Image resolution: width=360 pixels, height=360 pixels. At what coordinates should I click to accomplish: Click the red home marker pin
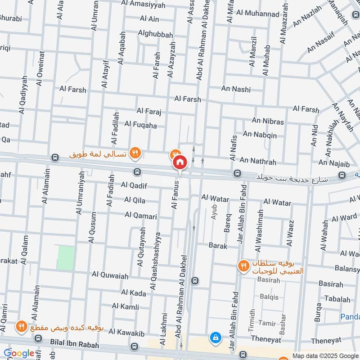click(180, 162)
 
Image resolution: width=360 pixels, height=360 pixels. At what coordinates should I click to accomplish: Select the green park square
click(66, 258)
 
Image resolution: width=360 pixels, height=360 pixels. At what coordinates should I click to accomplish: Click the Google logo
click(19, 353)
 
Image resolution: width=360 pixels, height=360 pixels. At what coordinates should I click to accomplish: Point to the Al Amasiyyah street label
click(144, 5)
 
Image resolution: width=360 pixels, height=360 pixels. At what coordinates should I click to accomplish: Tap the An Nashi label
click(236, 89)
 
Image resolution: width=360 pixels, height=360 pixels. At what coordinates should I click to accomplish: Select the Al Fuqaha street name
click(141, 125)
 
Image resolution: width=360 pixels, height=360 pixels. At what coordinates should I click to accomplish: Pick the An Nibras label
click(268, 121)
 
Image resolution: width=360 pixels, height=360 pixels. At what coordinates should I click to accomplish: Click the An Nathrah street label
click(256, 160)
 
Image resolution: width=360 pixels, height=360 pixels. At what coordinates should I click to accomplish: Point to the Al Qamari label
click(141, 216)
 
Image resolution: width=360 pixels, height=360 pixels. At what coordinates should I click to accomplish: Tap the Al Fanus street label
click(175, 194)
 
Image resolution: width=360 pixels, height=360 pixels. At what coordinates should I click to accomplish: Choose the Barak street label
click(218, 246)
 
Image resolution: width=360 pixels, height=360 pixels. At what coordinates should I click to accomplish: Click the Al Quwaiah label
click(110, 275)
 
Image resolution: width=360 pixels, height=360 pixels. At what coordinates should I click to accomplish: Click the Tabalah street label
click(337, 299)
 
